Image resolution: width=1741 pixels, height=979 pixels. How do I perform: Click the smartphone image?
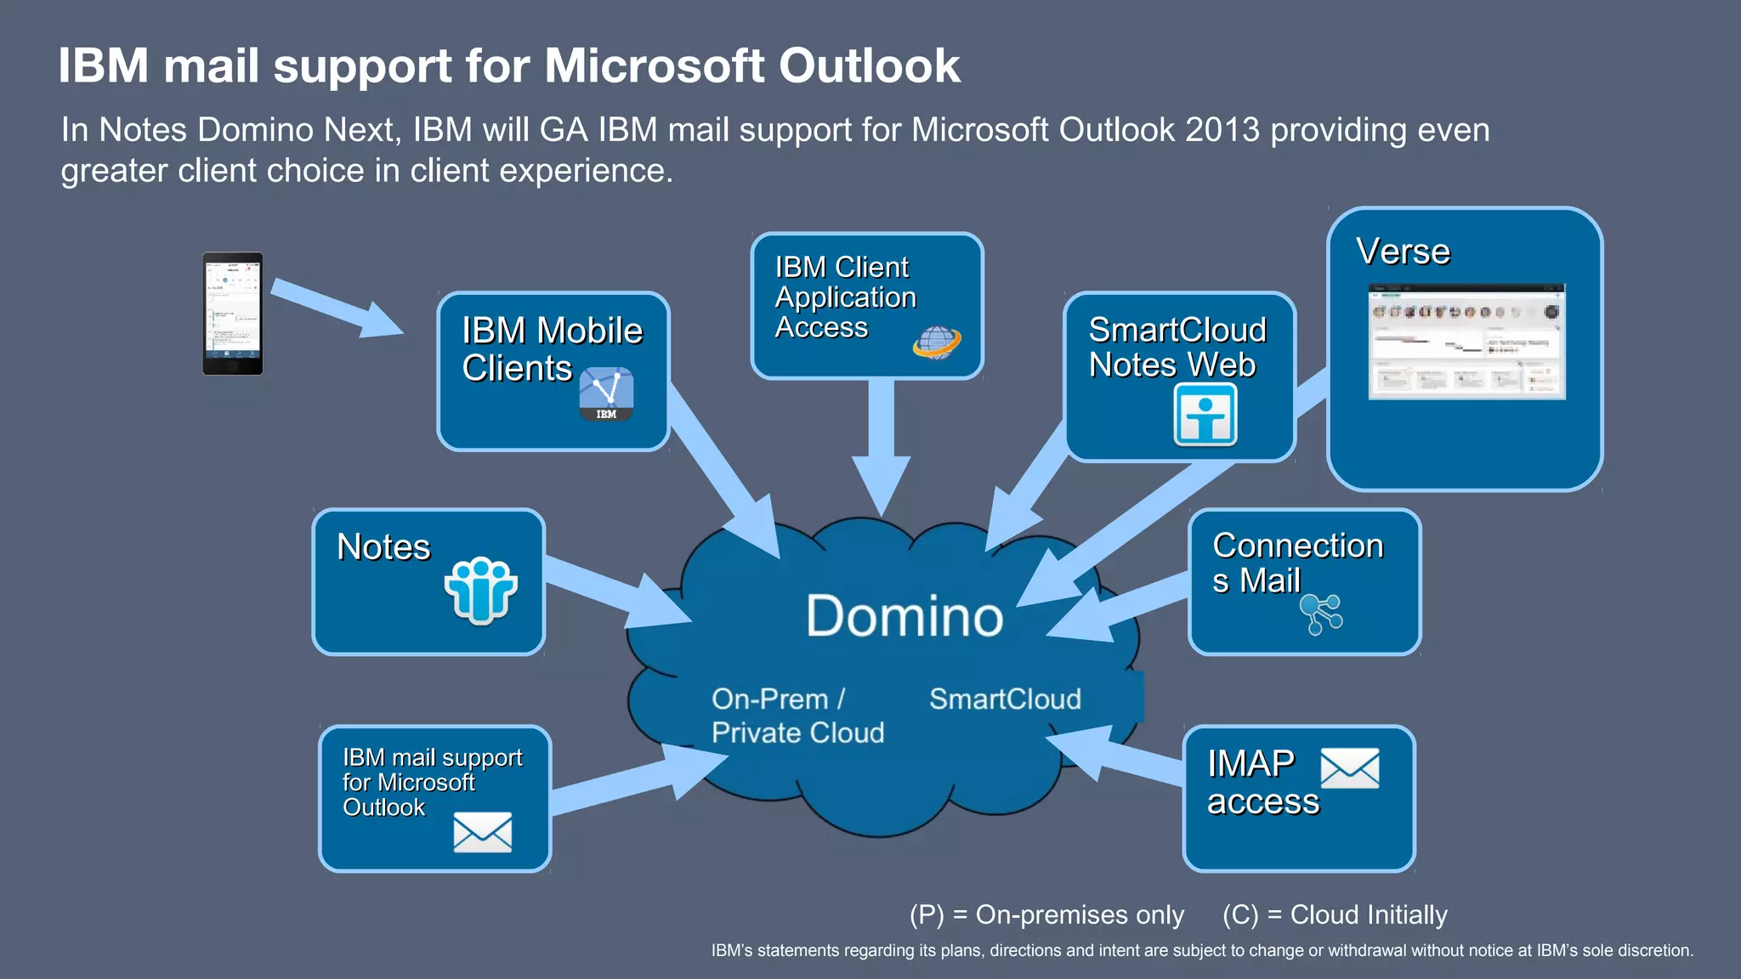tap(232, 314)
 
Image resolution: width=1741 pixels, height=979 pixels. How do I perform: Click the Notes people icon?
tap(480, 590)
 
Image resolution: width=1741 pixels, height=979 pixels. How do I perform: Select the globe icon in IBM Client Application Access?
tap(936, 342)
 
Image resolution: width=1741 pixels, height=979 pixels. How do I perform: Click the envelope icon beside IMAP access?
tap(1349, 768)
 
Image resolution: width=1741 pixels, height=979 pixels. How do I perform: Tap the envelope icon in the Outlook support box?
tap(482, 831)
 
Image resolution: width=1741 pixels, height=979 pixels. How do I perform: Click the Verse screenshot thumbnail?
tap(1466, 342)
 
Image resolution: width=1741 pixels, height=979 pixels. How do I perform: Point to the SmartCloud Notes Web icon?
tap(1205, 415)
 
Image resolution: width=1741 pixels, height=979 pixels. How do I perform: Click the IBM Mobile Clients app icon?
tap(606, 394)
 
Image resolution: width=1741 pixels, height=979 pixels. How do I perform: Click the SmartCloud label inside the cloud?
tap(1005, 699)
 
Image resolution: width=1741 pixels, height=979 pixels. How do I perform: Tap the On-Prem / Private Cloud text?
tap(797, 716)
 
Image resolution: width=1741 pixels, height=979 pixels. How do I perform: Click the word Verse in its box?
tap(1403, 252)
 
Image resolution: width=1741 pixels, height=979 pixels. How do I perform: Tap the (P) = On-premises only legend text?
tap(1046, 914)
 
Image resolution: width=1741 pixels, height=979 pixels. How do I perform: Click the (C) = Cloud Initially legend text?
tap(1335, 914)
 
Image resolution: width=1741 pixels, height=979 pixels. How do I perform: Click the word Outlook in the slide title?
tap(869, 65)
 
